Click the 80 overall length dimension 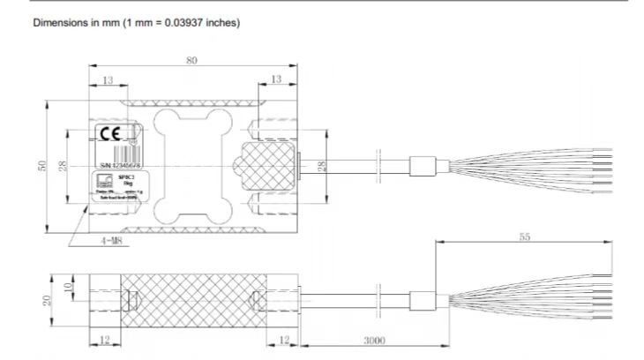coord(191,61)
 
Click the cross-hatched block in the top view coord(263,167)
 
